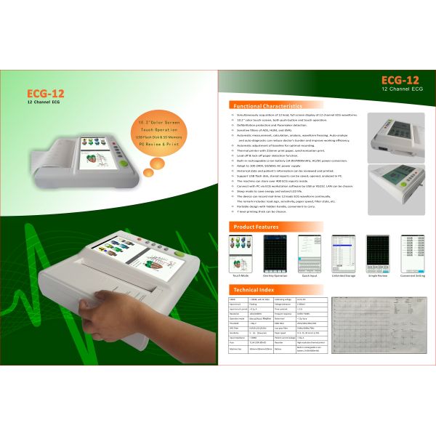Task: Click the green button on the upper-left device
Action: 127,163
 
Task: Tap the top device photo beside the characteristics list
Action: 396,136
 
